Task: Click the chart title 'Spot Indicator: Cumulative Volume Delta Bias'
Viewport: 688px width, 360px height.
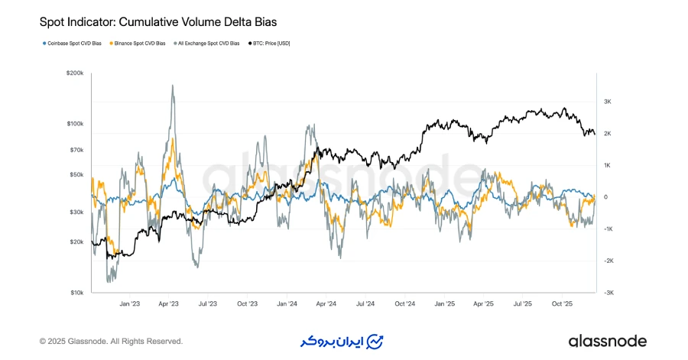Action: tap(147, 23)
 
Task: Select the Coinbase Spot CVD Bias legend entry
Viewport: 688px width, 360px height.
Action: tap(73, 44)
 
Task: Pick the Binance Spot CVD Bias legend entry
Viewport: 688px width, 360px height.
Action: tap(140, 44)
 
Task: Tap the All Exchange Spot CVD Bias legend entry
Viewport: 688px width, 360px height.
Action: tap(209, 44)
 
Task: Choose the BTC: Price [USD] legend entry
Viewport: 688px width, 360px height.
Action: tap(271, 44)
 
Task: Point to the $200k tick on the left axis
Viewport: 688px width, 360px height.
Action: tap(76, 73)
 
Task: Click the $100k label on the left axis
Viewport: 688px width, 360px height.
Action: tap(76, 124)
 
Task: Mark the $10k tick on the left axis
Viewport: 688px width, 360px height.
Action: tap(77, 292)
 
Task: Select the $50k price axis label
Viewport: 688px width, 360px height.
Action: tap(77, 174)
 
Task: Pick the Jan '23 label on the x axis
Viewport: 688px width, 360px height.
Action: tap(130, 303)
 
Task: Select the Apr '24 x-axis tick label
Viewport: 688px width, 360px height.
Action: tap(326, 303)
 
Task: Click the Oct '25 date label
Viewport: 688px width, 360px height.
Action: tap(562, 303)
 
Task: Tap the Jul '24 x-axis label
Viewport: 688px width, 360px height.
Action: tap(365, 303)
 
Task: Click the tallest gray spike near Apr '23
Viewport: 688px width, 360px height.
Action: tap(173, 86)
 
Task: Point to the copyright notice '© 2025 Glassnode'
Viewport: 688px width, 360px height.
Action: tap(111, 341)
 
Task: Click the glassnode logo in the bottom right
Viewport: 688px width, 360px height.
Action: tap(607, 341)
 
